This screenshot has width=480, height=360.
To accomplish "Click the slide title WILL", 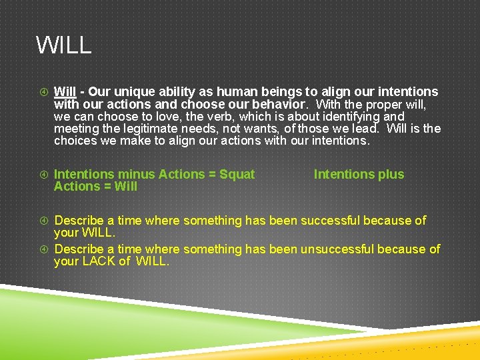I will tap(63, 45).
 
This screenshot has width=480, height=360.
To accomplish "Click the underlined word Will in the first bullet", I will tap(65, 92).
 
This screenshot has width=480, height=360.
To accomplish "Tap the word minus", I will tap(137, 175).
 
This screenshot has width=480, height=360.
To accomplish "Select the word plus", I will tap(391, 175).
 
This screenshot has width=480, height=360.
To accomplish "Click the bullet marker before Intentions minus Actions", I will tap(43, 175).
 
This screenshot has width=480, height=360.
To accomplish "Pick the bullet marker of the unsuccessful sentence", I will tap(43, 249).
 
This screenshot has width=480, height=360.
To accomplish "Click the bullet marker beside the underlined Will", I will tap(43, 92).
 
